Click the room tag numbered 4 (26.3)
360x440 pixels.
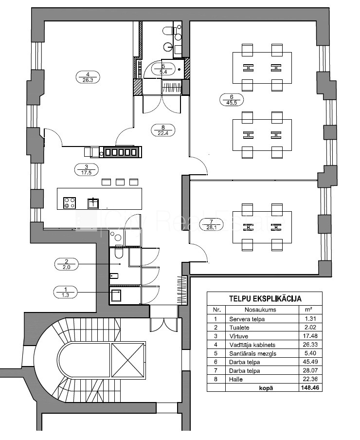88,77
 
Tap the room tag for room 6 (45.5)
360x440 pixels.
232,100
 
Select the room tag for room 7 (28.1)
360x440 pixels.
211,224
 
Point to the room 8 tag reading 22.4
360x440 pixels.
163,130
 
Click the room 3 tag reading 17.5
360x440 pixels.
87,169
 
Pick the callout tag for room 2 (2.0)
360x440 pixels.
67,264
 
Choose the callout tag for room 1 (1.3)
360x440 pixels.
65,292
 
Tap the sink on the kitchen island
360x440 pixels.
93,203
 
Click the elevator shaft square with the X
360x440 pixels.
127,360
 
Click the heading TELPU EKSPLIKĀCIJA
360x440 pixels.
265,298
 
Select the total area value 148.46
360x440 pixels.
310,388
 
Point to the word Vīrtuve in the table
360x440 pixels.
238,336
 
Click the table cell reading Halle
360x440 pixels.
236,379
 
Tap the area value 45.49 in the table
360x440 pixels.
310,362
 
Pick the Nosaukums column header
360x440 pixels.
260,310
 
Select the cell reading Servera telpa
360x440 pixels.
247,319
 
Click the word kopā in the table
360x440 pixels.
266,388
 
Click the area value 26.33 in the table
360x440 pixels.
310,345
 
